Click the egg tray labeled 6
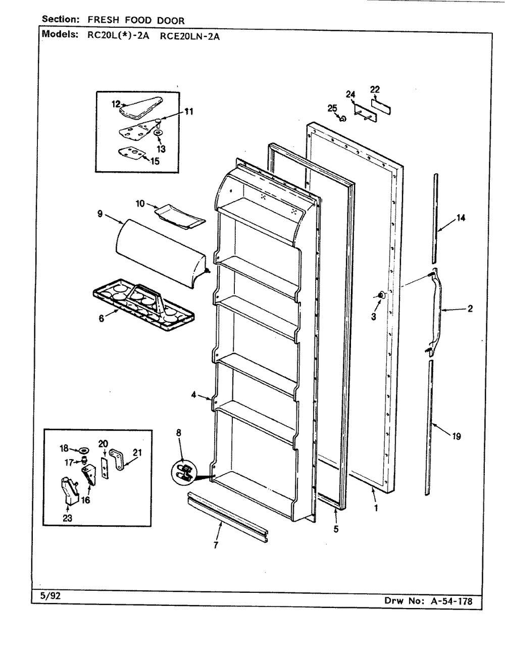[143, 304]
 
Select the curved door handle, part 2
[436, 310]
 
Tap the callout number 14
[461, 218]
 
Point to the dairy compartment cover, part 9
[160, 253]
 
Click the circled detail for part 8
[183, 473]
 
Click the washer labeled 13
[158, 132]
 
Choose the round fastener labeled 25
[343, 119]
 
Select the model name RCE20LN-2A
[189, 36]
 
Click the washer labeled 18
[84, 450]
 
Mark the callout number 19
[456, 436]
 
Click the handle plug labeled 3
[382, 295]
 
